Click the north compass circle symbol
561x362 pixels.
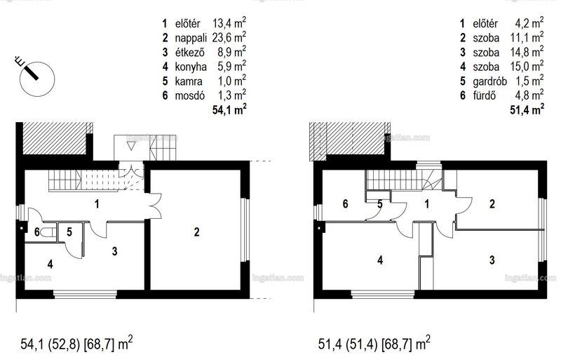[x=37, y=79]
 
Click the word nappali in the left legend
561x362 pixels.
[x=190, y=39]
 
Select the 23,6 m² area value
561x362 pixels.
[x=229, y=37]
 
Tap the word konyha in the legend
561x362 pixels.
[x=190, y=67]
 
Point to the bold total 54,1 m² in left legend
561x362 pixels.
[x=229, y=109]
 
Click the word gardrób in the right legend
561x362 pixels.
[x=489, y=81]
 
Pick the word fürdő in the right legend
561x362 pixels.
[x=484, y=95]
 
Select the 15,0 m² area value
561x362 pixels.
[x=527, y=66]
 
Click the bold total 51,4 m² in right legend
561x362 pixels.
[x=527, y=109]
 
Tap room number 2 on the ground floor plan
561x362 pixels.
[x=196, y=232]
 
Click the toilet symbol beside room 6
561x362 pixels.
[x=48, y=232]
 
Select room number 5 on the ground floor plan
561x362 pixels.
[x=69, y=232]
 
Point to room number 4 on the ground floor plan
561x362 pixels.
[x=50, y=264]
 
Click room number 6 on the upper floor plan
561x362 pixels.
[x=345, y=203]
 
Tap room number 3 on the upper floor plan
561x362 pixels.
[x=492, y=260]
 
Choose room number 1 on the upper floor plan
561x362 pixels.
[x=426, y=204]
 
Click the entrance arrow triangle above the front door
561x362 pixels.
[x=131, y=145]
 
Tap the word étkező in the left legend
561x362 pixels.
[x=189, y=53]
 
